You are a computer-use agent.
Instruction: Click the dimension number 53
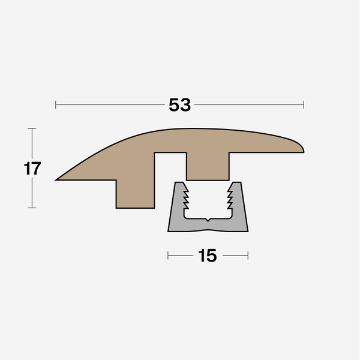tap(179, 105)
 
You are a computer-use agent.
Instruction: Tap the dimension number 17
tap(32, 169)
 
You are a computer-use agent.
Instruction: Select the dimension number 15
tap(207, 256)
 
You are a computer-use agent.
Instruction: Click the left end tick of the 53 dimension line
tap(56, 105)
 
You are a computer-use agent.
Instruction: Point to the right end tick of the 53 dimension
tap(304, 105)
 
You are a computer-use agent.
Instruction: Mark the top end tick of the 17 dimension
tap(32, 128)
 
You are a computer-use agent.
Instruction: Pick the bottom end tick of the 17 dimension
tap(32, 208)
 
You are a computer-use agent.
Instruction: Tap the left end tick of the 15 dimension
tap(168, 256)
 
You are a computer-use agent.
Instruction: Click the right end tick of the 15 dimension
tap(248, 256)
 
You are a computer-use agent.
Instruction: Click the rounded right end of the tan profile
tap(301, 146)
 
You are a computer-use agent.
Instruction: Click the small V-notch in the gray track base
tap(208, 221)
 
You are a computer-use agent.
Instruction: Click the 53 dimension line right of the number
tap(249, 105)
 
